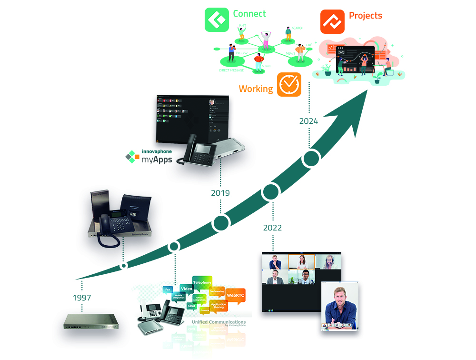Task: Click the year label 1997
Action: click(82, 298)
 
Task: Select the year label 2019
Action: click(220, 193)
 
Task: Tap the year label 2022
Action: click(272, 228)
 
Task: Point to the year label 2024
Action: click(308, 121)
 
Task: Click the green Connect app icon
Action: click(217, 20)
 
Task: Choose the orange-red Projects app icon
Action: click(332, 21)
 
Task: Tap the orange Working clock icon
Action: click(289, 85)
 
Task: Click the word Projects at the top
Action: click(366, 15)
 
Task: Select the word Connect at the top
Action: click(249, 13)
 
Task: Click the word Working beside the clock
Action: click(256, 89)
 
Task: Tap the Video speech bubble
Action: click(187, 289)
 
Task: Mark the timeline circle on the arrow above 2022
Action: click(270, 191)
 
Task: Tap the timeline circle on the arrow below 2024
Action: click(311, 159)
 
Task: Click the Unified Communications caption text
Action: click(218, 322)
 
